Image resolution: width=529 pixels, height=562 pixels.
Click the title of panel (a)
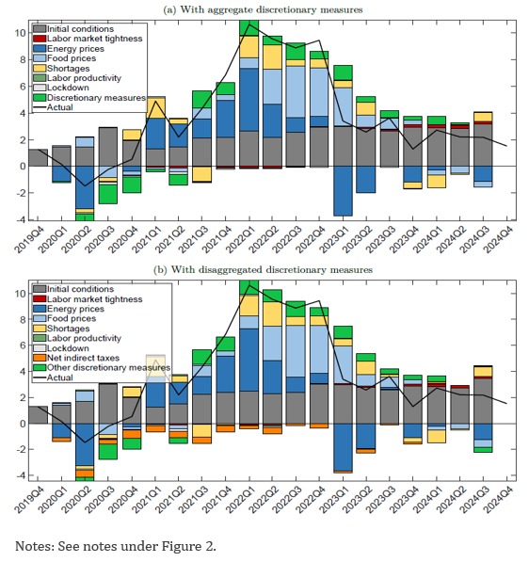click(x=263, y=9)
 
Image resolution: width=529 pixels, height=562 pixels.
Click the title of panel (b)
click(x=263, y=269)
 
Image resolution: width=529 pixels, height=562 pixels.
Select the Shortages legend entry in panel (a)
click(x=62, y=68)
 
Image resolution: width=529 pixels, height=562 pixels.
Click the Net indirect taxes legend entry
click(x=76, y=358)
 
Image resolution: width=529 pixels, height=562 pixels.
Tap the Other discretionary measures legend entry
click(x=103, y=367)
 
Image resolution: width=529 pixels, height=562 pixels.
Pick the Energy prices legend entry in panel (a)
click(x=69, y=48)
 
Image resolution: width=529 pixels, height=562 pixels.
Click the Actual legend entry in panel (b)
click(x=54, y=377)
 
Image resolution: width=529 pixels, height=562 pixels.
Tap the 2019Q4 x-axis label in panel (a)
click(x=29, y=240)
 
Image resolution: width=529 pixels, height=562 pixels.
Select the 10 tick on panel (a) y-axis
click(x=20, y=33)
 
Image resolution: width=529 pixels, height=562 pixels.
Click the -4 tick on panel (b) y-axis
click(x=21, y=475)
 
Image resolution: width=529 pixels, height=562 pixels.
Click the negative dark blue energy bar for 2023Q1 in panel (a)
click(x=343, y=191)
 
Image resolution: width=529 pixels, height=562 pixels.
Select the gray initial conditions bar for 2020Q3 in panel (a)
click(x=108, y=147)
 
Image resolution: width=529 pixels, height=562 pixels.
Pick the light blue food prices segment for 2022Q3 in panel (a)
click(x=296, y=91)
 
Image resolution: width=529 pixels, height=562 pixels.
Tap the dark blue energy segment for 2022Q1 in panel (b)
click(x=249, y=360)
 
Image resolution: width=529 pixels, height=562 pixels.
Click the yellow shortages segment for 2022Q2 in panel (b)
click(x=272, y=314)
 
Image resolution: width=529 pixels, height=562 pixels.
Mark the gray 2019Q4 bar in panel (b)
click(x=38, y=415)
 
